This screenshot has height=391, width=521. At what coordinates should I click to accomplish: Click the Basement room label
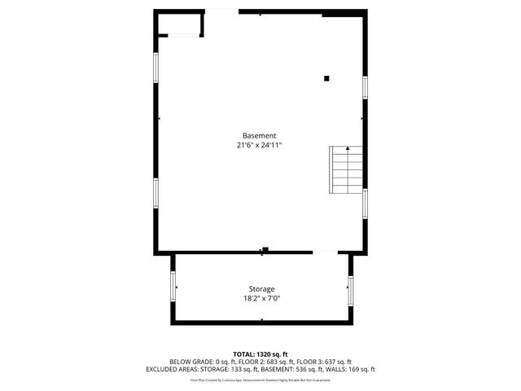pyautogui.click(x=260, y=135)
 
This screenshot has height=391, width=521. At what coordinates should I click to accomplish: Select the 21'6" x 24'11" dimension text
pyautogui.click(x=260, y=145)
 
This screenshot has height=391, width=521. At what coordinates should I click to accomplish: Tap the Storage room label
pyautogui.click(x=261, y=289)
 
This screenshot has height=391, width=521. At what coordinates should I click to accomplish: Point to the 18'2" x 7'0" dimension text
pyautogui.click(x=261, y=298)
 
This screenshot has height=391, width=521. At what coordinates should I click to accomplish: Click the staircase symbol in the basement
pyautogui.click(x=345, y=167)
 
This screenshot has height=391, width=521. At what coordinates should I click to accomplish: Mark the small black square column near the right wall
pyautogui.click(x=326, y=78)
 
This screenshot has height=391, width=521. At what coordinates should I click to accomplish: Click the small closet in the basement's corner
pyautogui.click(x=179, y=24)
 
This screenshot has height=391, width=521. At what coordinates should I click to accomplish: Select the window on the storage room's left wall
pyautogui.click(x=173, y=286)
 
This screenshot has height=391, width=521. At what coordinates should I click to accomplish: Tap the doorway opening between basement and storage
pyautogui.click(x=324, y=253)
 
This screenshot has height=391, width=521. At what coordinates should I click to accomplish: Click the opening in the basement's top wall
pyautogui.click(x=221, y=11)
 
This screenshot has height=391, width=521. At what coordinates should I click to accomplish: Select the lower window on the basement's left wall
pyautogui.click(x=155, y=192)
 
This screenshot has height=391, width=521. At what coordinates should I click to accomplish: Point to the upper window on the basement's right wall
pyautogui.click(x=366, y=86)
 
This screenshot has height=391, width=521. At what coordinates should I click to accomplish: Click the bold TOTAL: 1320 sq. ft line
pyautogui.click(x=260, y=354)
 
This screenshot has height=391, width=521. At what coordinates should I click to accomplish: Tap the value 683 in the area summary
pyautogui.click(x=283, y=362)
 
